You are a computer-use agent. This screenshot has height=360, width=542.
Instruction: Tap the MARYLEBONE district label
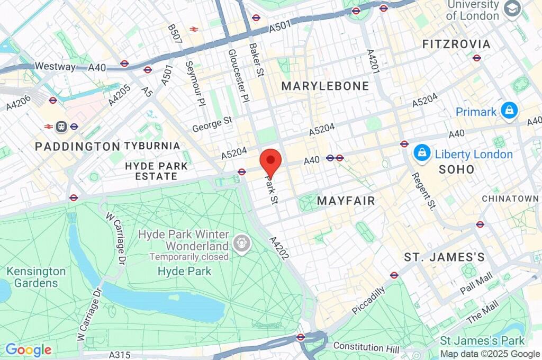point(325,86)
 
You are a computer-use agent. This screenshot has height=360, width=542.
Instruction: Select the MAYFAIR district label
point(346,201)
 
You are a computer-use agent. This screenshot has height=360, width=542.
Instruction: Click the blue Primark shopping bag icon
point(509,111)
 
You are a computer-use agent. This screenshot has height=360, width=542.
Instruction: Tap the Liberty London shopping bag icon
point(422,154)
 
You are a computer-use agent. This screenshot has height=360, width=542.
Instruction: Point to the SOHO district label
point(457,170)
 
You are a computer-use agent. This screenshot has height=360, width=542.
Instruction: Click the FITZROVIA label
point(456,44)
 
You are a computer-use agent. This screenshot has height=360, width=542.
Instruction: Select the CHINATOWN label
point(510,199)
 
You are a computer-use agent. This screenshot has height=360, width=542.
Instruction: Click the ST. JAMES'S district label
point(445,257)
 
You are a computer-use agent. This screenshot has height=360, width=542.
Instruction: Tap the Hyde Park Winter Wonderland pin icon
point(242,245)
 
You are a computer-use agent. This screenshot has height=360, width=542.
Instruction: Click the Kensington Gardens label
point(36,277)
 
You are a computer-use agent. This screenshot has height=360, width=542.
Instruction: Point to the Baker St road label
point(256,60)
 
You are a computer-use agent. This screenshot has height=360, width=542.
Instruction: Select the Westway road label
point(55,67)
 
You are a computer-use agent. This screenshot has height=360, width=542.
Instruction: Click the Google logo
point(28,349)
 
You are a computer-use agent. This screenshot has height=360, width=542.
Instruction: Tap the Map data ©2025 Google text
point(490,354)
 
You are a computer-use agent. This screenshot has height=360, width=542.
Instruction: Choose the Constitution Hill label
point(366,347)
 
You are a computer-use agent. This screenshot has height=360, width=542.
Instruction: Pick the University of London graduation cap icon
point(511,10)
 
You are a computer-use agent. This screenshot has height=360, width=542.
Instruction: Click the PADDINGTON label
point(78,146)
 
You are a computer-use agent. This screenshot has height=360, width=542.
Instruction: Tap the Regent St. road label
point(423,191)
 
